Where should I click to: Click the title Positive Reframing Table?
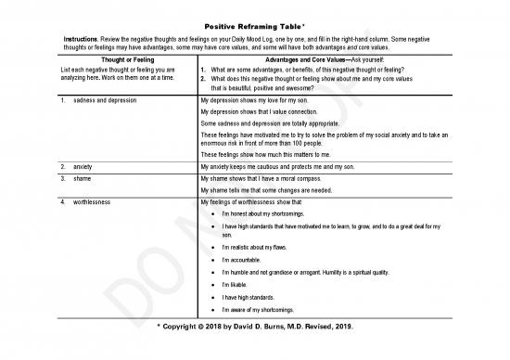[255, 26]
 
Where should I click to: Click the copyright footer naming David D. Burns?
[255, 327]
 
